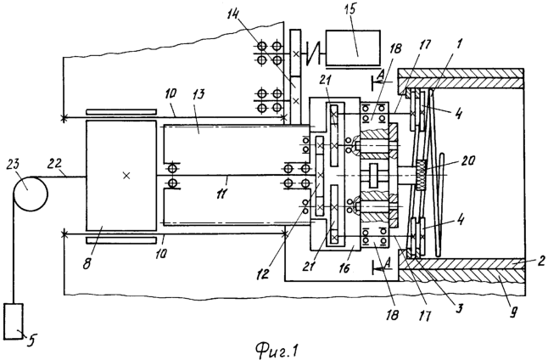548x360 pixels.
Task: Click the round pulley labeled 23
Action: [x=31, y=194]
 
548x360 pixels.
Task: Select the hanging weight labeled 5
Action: [x=14, y=321]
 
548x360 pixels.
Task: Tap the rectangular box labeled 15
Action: [x=353, y=48]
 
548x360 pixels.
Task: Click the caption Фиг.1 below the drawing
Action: [x=276, y=350]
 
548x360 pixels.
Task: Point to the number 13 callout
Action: [x=199, y=95]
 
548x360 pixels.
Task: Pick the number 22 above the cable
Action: [x=56, y=164]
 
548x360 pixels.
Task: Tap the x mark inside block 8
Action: [x=126, y=176]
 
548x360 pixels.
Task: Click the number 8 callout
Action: [x=87, y=262]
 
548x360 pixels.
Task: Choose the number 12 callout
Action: [x=262, y=273]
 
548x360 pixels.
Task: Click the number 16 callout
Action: [x=344, y=268]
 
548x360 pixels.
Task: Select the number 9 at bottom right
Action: [x=512, y=312]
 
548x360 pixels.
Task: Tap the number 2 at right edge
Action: [x=540, y=261]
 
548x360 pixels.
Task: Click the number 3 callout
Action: [x=459, y=308]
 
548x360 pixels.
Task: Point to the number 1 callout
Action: [x=459, y=43]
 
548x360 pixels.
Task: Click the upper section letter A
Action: [x=381, y=74]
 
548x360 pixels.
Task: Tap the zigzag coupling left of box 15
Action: [x=312, y=53]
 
